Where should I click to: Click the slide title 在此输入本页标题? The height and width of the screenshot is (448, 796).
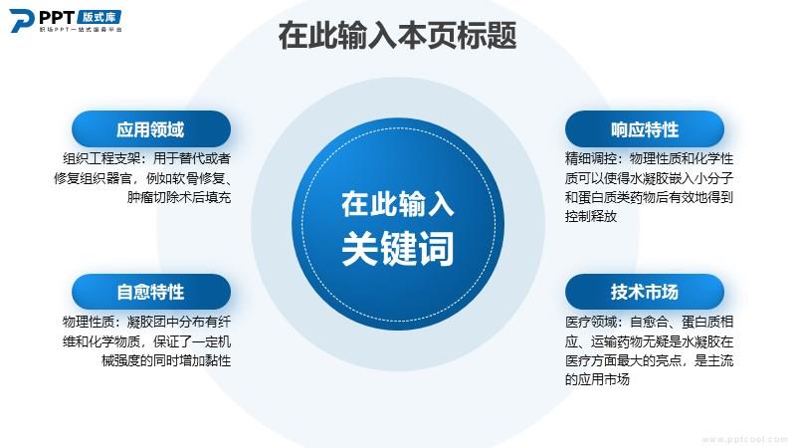pos(397,35)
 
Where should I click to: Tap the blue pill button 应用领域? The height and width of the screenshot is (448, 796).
pos(151,129)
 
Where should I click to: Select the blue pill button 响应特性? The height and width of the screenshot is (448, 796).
pos(645,129)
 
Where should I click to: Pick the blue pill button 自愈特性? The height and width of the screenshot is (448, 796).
pos(151,292)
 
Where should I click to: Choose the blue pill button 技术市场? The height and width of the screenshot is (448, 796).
pos(645,292)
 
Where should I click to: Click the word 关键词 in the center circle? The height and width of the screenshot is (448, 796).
pos(397,248)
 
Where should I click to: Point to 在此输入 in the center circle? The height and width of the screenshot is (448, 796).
pos(397,204)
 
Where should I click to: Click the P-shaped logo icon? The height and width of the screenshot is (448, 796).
pos(21,21)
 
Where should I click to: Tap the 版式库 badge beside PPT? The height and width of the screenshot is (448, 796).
pos(99,17)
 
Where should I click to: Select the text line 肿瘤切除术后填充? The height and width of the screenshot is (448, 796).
pos(179,197)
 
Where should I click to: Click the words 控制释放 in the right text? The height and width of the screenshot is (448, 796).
pos(591,216)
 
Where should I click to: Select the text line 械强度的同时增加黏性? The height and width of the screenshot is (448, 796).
pos(166,360)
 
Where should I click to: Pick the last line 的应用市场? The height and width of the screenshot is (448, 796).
pos(597,379)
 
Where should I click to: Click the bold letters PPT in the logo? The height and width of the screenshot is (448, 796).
pos(57,17)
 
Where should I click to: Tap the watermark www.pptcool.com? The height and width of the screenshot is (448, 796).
pos(744,440)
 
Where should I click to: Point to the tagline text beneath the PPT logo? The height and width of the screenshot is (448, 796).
pos(81,30)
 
